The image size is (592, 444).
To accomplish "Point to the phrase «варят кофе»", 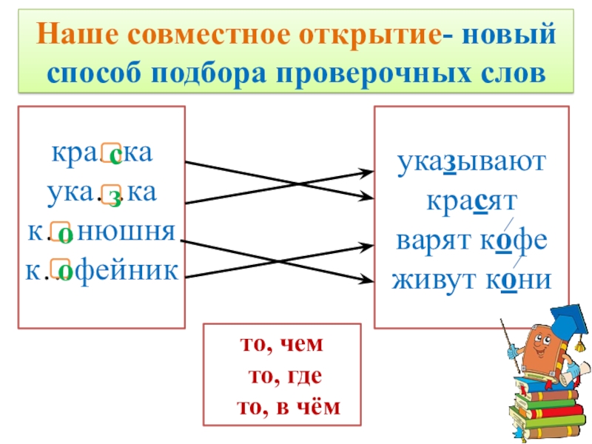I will (x=471, y=241).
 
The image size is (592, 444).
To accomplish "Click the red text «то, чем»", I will (x=283, y=346).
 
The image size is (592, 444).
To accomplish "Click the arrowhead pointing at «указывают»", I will (x=366, y=172).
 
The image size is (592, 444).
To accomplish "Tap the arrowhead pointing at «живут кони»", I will (x=366, y=280).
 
